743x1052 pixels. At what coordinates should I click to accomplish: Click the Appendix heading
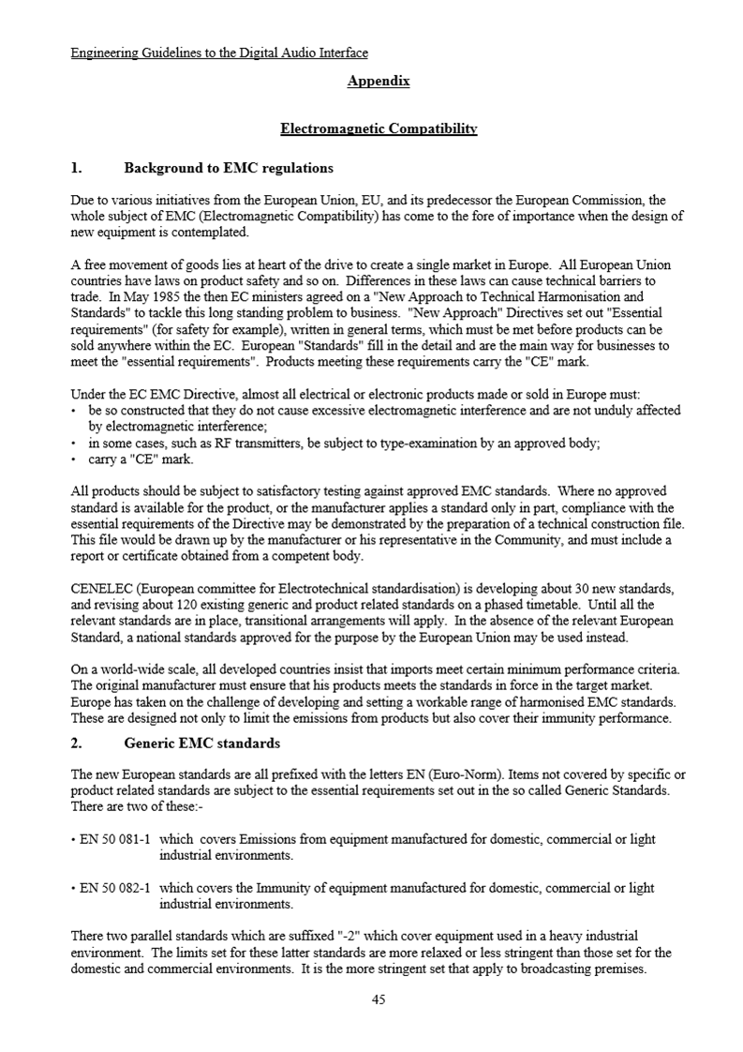coord(379,82)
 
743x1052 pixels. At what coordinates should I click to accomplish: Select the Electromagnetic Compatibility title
coord(379,128)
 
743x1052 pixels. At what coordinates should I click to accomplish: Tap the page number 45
coord(379,999)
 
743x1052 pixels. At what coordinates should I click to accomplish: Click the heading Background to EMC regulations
coord(229,169)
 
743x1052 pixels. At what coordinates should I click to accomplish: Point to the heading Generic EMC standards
coord(202,744)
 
